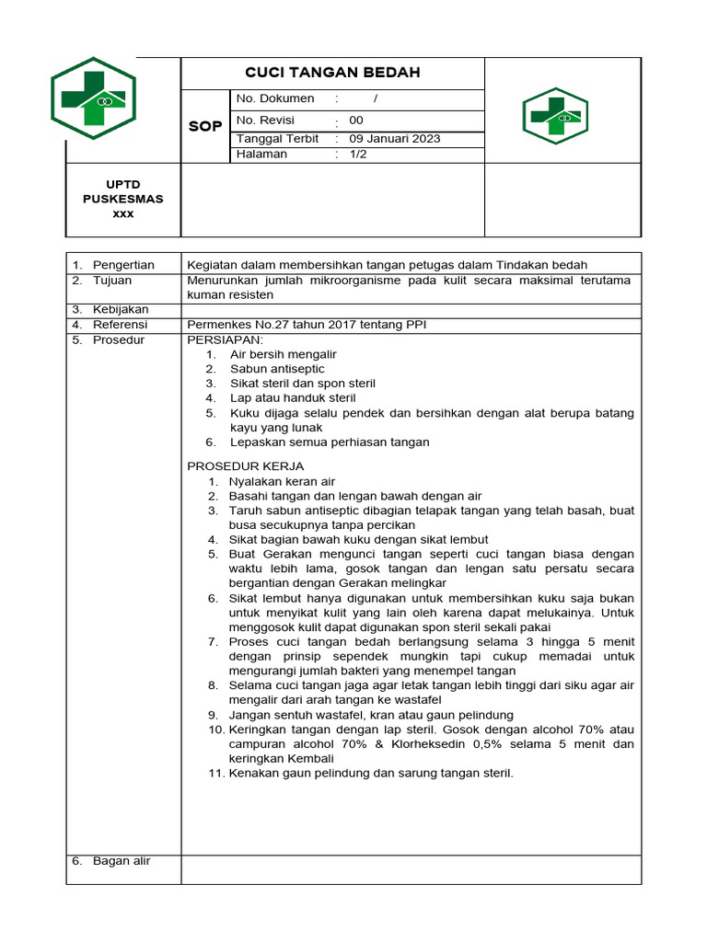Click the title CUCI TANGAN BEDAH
tap(332, 73)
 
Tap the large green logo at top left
tap(93, 98)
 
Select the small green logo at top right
tap(555, 116)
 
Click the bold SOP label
tap(205, 126)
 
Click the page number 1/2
tap(357, 155)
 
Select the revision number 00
tap(356, 121)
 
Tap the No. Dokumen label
tap(275, 98)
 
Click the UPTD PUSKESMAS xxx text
tap(122, 199)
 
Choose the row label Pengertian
tap(123, 265)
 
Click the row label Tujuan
tap(112, 280)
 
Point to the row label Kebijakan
tap(121, 309)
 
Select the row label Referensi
tap(121, 324)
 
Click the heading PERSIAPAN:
tap(225, 339)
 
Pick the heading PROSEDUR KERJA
tap(245, 466)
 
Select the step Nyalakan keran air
tap(282, 481)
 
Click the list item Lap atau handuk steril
tap(293, 398)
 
